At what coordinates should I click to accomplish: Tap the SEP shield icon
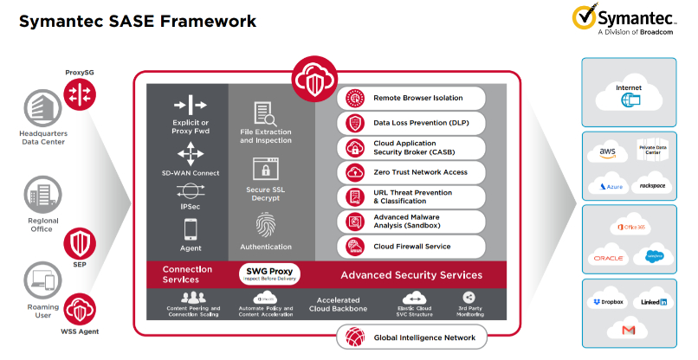79,241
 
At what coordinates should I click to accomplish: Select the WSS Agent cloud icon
79,309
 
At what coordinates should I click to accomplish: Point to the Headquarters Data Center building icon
38,109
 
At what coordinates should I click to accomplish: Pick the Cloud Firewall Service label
411,247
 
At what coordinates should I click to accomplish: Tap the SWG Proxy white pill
268,275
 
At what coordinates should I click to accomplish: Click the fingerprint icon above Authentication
265,225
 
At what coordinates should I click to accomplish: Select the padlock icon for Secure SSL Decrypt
265,168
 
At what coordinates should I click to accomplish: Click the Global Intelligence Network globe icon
355,336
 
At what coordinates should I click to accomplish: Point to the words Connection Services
187,275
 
